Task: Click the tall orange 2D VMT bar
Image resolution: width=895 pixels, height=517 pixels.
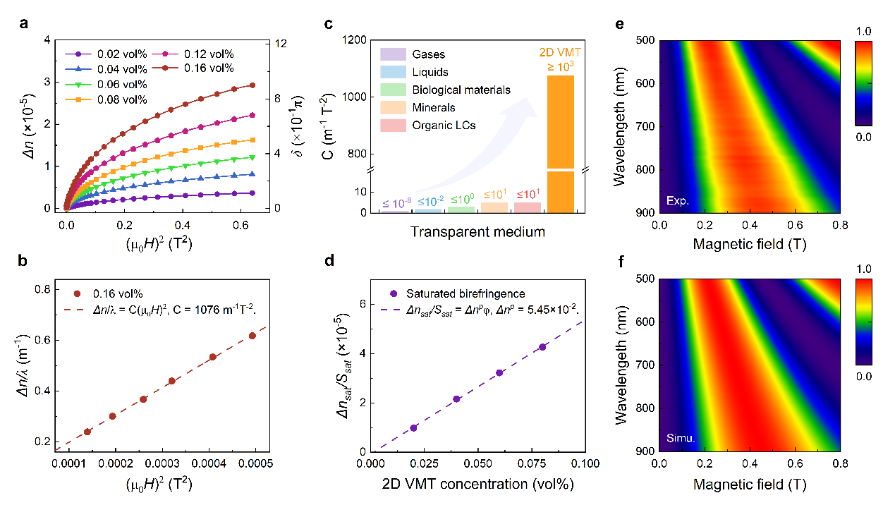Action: (x=561, y=141)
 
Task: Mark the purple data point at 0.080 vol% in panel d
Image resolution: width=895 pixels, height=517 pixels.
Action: (x=542, y=347)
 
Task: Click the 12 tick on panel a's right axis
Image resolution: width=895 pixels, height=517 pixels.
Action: (x=281, y=44)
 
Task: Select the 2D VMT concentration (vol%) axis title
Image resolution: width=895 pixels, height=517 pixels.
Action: (x=478, y=485)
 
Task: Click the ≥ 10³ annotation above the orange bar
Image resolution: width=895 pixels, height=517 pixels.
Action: (x=561, y=66)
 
